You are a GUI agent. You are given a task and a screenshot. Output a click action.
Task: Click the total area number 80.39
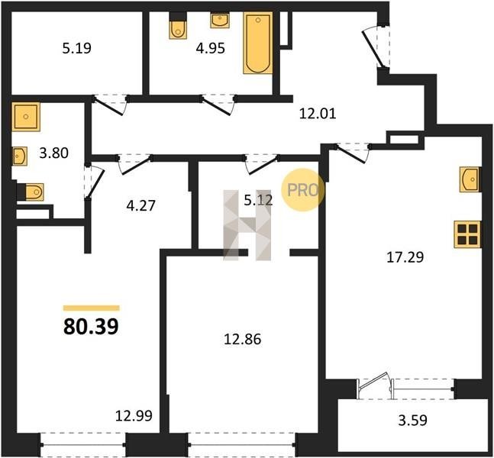coord(91,327)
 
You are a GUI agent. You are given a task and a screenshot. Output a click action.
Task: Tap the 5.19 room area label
coord(76,49)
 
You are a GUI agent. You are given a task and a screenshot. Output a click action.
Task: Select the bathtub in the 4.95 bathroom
coord(258,43)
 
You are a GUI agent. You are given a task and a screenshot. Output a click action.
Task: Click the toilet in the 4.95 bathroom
coord(178,26)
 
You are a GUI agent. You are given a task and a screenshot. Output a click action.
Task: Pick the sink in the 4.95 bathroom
coord(220,21)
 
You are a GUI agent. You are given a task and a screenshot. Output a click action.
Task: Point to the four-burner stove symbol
coord(467,234)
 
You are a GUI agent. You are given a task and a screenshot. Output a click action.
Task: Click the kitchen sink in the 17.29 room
coord(469,179)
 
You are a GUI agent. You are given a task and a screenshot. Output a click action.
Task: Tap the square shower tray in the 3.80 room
coord(26,117)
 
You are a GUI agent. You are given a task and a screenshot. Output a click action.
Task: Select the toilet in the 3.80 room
coord(31,192)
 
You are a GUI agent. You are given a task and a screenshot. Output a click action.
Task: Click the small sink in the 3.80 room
coord(20,156)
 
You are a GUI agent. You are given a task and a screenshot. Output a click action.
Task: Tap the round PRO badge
coord(302,190)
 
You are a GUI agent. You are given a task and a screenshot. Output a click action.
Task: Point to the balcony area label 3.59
coord(412,420)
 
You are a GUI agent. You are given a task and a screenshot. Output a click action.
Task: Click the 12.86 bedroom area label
coord(242,340)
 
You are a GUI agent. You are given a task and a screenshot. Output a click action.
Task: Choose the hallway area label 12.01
coord(318,114)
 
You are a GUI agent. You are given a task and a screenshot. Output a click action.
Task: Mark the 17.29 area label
coord(405,257)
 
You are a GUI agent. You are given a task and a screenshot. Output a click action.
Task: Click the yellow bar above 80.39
coord(92,308)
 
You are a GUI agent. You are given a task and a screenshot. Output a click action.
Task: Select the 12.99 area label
coord(134,416)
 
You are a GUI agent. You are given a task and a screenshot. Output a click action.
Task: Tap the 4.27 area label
coord(140,205)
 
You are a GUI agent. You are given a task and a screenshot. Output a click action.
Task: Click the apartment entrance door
coord(374,49)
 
